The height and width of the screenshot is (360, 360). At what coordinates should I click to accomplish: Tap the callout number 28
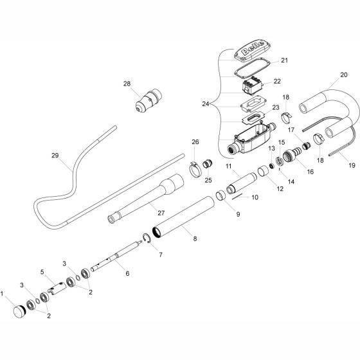(x=127, y=84)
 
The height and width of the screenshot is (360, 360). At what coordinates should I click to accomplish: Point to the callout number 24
(x=206, y=104)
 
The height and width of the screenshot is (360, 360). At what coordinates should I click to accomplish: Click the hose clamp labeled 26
(x=195, y=169)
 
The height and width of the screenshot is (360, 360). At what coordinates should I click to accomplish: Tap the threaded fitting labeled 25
(x=208, y=165)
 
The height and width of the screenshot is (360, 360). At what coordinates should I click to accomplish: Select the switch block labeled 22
(x=252, y=85)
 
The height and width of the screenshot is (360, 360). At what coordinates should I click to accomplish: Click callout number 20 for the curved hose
(x=344, y=75)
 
